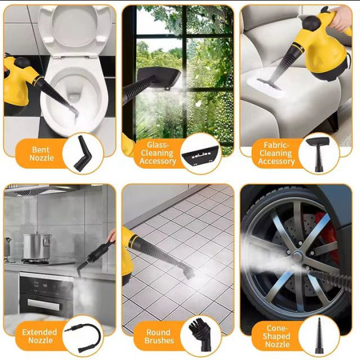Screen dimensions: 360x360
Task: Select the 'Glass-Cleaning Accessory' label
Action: point(158,154)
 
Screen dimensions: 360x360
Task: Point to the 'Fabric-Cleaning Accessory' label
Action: point(276,153)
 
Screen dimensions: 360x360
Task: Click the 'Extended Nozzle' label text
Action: point(39,336)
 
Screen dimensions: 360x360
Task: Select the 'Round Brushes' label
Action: point(159,336)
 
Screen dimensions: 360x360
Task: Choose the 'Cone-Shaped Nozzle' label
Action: point(276,336)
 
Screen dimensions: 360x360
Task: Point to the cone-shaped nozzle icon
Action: point(319,335)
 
